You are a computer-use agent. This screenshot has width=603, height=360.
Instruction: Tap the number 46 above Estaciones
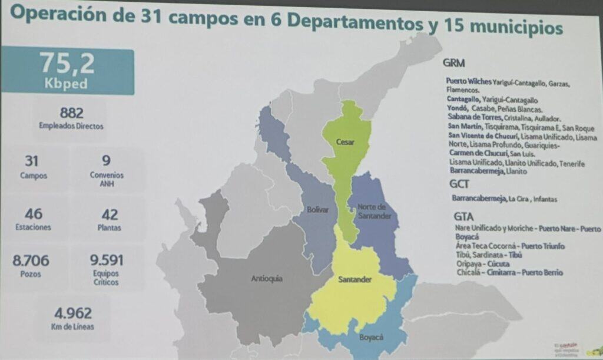click(x=34, y=214)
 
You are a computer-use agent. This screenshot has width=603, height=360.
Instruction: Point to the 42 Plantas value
click(x=110, y=214)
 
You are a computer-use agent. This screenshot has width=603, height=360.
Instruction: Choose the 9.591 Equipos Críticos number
click(x=107, y=260)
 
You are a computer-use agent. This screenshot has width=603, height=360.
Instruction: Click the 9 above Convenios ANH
click(x=106, y=160)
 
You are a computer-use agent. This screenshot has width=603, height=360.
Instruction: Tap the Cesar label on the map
click(x=345, y=142)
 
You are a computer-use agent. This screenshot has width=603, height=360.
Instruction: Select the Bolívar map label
click(x=317, y=210)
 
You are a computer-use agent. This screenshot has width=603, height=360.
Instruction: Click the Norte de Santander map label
click(x=371, y=211)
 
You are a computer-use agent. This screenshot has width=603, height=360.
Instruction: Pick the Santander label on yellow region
click(x=354, y=279)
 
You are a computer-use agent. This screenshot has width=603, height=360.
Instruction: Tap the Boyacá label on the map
click(x=371, y=337)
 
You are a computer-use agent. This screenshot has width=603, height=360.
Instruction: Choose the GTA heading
click(x=463, y=216)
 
